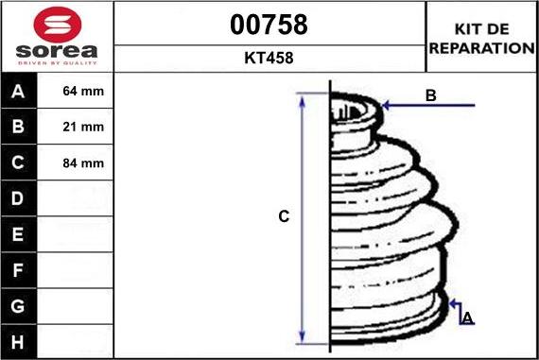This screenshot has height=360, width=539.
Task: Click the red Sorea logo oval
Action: tap(58, 25)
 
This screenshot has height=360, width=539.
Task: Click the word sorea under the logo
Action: tap(57, 51)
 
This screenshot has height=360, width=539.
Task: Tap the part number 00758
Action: tap(269, 25)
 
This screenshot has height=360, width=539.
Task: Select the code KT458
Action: tap(269, 58)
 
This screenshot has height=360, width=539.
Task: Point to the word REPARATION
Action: tap(482, 48)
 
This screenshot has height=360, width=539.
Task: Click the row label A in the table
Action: tap(18, 92)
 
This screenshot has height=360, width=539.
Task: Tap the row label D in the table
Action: tap(18, 198)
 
